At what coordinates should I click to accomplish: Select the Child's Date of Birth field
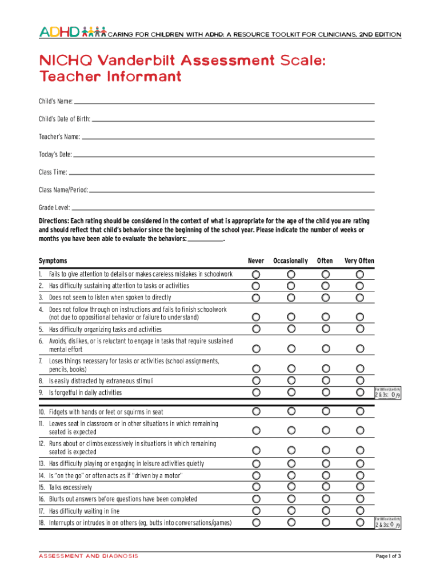(x=233, y=119)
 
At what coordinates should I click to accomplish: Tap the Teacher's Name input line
(x=228, y=137)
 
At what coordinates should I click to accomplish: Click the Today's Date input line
(x=224, y=155)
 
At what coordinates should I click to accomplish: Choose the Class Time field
(x=222, y=173)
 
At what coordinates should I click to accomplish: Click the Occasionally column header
(x=290, y=261)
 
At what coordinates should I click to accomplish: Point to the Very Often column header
(x=359, y=261)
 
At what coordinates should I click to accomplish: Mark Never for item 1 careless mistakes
(x=256, y=274)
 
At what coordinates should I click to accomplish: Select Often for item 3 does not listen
(x=325, y=298)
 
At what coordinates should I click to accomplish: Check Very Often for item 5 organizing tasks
(x=360, y=329)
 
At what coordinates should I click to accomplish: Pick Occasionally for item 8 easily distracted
(x=291, y=380)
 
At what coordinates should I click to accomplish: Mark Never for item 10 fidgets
(x=256, y=411)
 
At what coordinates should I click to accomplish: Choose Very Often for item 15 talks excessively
(x=360, y=487)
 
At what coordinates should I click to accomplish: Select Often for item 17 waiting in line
(x=325, y=511)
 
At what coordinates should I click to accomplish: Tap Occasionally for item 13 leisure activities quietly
(x=291, y=463)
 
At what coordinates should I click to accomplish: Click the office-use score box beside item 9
(x=387, y=394)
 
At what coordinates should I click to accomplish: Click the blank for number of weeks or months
(x=205, y=240)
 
